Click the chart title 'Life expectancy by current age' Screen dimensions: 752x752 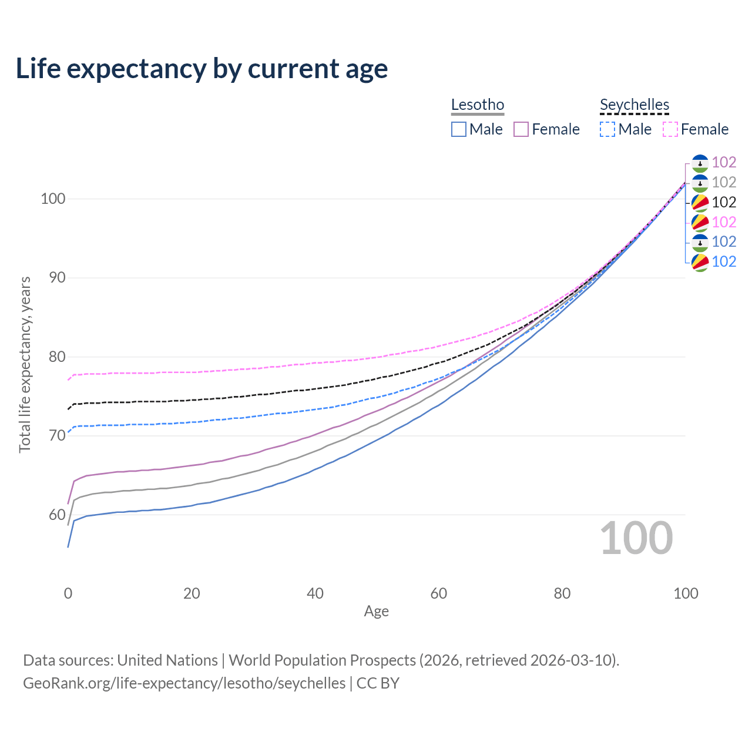tap(202, 69)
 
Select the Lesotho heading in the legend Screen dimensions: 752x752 tap(478, 105)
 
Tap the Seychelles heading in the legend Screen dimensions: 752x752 tap(634, 105)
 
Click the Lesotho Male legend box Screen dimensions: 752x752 tap(459, 129)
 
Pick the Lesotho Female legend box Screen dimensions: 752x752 tap(521, 129)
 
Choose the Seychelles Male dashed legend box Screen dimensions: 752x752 tap(607, 129)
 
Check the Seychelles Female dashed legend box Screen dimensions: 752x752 tap(670, 129)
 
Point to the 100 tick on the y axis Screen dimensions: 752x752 tap(53, 199)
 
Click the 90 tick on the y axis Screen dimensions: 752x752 tap(56, 277)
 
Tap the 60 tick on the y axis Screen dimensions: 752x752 tap(56, 515)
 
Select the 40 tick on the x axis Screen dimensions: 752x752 tap(315, 593)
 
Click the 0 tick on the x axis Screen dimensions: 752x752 tap(68, 593)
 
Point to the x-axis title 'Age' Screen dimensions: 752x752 tap(376, 612)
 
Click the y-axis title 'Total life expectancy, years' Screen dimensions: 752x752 tap(25, 365)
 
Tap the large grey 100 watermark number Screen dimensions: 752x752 tap(636, 538)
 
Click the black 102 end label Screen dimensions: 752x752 tap(724, 202)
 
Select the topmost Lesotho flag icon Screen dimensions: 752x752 tap(700, 163)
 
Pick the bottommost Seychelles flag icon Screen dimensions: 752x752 tap(700, 262)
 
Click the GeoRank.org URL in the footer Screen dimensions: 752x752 tap(184, 683)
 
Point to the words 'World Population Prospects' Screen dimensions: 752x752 tap(322, 660)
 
